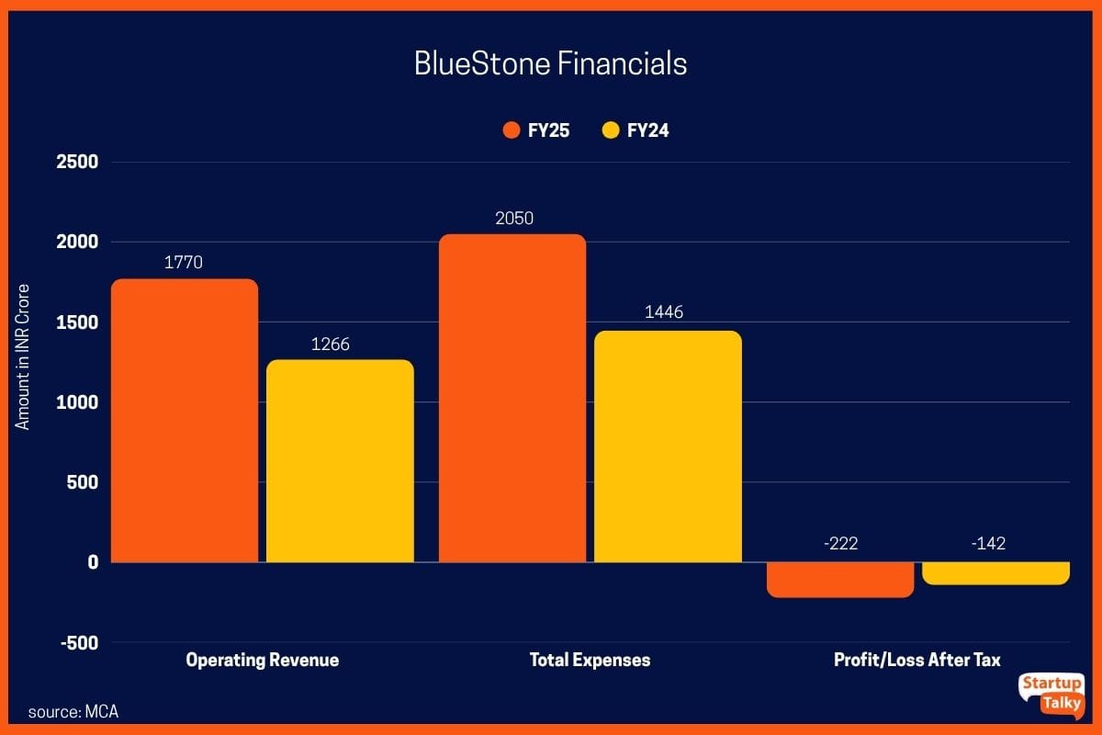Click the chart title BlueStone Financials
[x=550, y=64]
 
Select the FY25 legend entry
[x=537, y=130]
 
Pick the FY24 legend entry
[x=635, y=130]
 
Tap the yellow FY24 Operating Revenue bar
[x=340, y=460]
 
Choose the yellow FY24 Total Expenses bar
[x=668, y=446]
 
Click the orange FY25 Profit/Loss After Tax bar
[x=840, y=580]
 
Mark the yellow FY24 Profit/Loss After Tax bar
[x=995, y=573]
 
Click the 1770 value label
[x=184, y=263]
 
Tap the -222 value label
[x=840, y=543]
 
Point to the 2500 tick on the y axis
[x=78, y=163]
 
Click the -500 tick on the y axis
[x=78, y=642]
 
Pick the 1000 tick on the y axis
[x=78, y=402]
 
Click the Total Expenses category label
[x=590, y=660]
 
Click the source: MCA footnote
[x=73, y=712]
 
